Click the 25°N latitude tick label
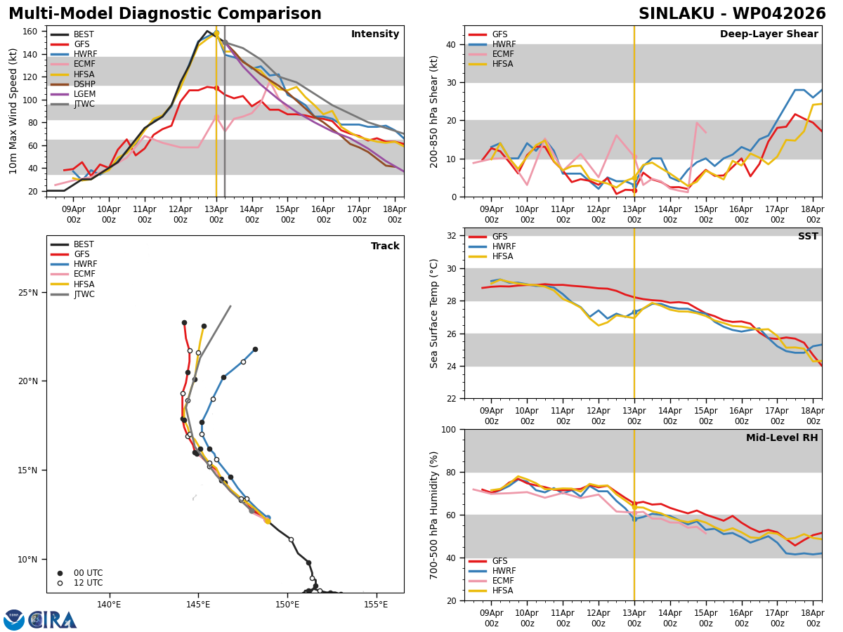[x=32, y=292]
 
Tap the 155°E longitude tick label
[x=376, y=605]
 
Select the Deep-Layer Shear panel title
[x=769, y=34]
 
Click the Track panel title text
[x=385, y=246]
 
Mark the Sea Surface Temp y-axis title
[x=434, y=313]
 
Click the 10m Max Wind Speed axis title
[x=14, y=111]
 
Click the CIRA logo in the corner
[x=53, y=619]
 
